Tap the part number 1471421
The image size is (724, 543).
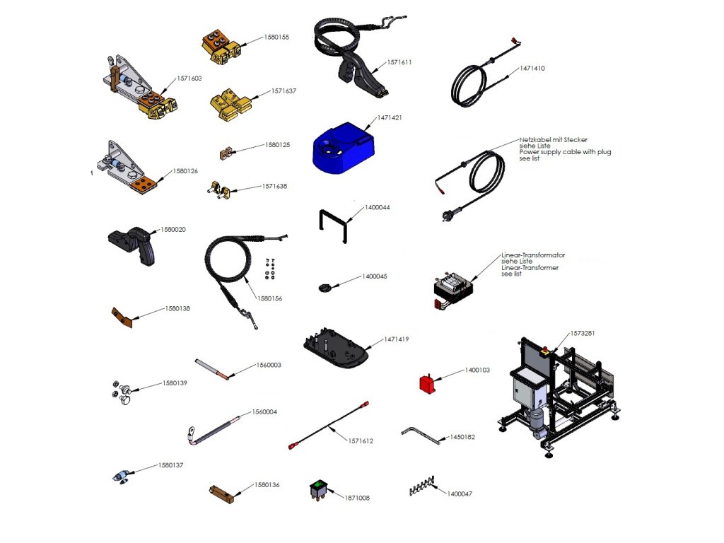[x=389, y=117]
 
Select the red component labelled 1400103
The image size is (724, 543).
[x=427, y=384]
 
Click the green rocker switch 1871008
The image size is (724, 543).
[x=319, y=488]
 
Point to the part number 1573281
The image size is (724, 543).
[x=583, y=333]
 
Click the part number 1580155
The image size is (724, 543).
[x=276, y=37]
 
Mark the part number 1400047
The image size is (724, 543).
[x=460, y=494]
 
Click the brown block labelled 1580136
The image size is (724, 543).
[x=221, y=492]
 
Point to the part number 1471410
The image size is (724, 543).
[x=532, y=69]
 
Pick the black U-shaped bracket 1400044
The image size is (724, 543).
[x=332, y=225]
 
